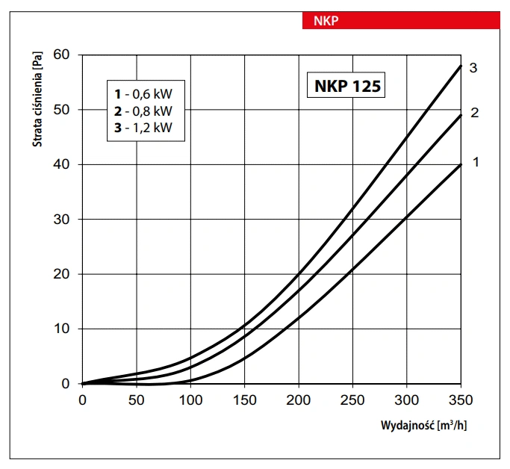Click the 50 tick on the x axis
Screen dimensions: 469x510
[x=136, y=400]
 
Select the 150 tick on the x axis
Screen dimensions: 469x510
[x=244, y=400]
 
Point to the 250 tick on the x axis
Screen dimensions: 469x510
[x=352, y=400]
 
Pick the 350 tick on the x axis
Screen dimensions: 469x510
[x=461, y=400]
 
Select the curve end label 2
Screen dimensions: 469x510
[x=473, y=113]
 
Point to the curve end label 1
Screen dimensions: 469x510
[x=473, y=161]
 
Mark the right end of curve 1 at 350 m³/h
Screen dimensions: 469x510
[x=461, y=164]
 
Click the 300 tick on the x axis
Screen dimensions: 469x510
[x=406, y=400]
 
